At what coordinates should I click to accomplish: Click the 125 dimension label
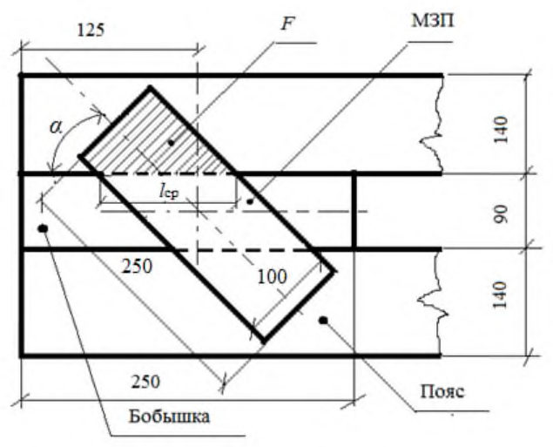click(91, 30)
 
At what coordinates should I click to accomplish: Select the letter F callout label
click(287, 24)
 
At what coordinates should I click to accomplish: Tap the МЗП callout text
click(433, 21)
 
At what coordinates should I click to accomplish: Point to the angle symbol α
click(56, 126)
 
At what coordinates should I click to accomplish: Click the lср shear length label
click(168, 192)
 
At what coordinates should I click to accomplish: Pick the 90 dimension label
click(501, 213)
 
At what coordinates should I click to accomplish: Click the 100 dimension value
click(272, 277)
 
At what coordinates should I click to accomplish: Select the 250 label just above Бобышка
click(145, 382)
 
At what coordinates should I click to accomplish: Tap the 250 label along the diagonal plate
click(137, 266)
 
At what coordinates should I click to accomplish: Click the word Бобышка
click(169, 417)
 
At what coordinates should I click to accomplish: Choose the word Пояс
click(442, 391)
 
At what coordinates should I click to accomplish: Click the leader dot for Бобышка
click(43, 228)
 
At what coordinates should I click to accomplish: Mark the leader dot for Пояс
click(323, 320)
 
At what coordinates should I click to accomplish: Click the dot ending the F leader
click(172, 143)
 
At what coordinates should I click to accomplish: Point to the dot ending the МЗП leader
click(250, 201)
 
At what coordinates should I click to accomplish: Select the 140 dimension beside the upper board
click(501, 130)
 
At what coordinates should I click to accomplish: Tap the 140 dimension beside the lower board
click(501, 295)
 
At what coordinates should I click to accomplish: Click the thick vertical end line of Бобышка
click(354, 211)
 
